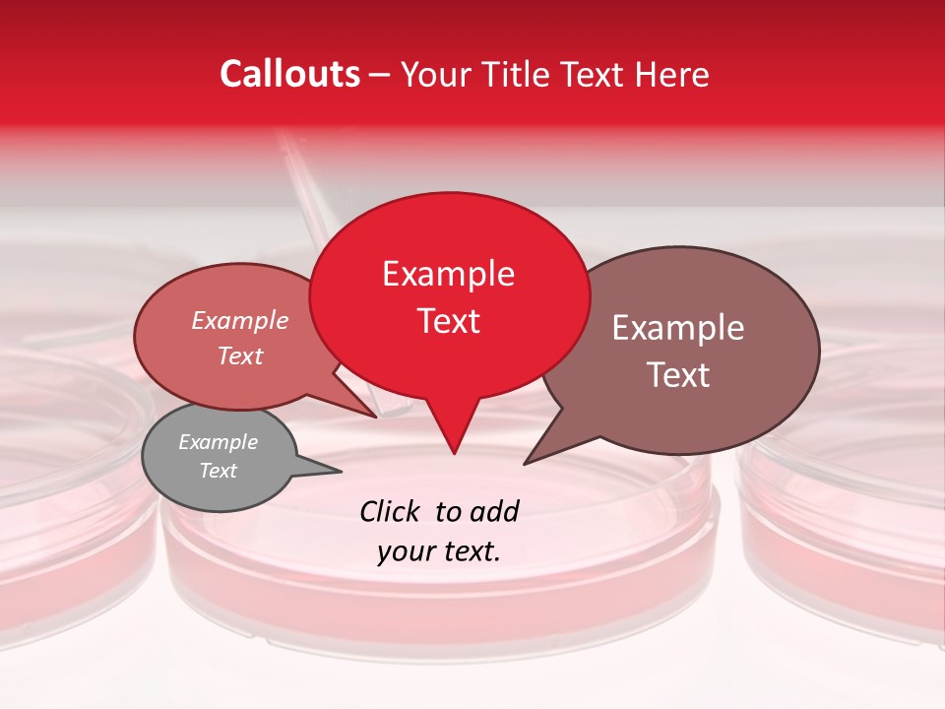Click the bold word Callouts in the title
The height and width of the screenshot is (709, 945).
[x=289, y=74]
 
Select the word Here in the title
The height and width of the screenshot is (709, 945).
[x=672, y=74]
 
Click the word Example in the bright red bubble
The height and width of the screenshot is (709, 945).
[x=448, y=274]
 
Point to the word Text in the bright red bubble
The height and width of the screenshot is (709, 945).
[x=448, y=321]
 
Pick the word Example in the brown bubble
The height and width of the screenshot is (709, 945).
[x=678, y=328]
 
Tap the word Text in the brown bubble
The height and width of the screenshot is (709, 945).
[x=678, y=375]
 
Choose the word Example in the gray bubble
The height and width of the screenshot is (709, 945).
[x=218, y=442]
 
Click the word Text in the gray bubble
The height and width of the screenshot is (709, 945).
[x=218, y=471]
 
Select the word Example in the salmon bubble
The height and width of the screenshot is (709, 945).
[x=239, y=320]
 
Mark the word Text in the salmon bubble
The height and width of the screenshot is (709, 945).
[x=239, y=355]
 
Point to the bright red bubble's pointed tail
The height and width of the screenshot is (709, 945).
[x=453, y=443]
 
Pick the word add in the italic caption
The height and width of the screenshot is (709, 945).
[x=494, y=511]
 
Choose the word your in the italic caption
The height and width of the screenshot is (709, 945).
[x=405, y=552]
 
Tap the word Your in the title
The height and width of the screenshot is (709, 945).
[x=433, y=74]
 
